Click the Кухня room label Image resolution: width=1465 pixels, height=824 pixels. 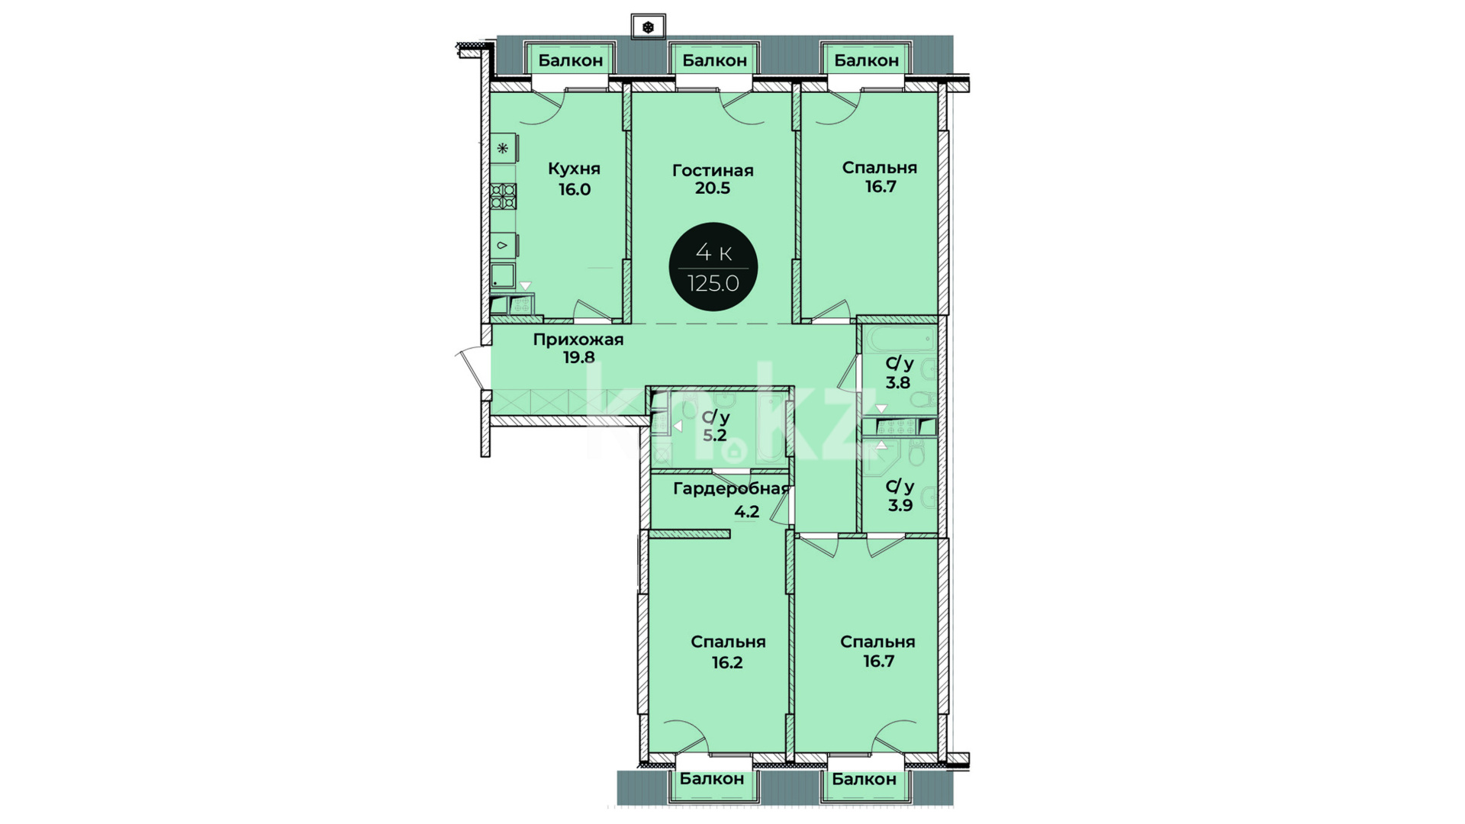click(x=574, y=169)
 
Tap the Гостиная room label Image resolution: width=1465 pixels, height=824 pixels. click(x=713, y=170)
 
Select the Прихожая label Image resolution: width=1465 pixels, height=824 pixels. click(x=578, y=340)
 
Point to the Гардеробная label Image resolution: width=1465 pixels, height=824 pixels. click(x=730, y=489)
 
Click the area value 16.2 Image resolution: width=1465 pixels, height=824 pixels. click(x=727, y=662)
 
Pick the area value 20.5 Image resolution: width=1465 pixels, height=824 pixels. click(x=713, y=188)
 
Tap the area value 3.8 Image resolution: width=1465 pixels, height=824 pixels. click(x=898, y=383)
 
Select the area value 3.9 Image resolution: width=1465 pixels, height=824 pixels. click(x=900, y=505)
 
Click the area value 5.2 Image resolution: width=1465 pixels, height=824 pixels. click(x=715, y=436)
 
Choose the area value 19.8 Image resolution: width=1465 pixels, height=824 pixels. click(x=579, y=357)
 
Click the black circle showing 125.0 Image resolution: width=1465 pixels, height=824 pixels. click(x=713, y=267)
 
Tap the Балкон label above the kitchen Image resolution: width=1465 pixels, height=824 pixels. click(x=571, y=60)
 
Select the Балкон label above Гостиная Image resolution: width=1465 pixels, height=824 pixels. click(x=714, y=60)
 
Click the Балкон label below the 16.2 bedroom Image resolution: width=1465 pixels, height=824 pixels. click(x=712, y=779)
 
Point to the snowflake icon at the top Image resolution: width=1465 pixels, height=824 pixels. click(x=648, y=27)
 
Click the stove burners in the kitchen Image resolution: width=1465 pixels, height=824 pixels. click(x=504, y=196)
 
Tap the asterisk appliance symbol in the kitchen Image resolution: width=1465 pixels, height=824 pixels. click(x=503, y=148)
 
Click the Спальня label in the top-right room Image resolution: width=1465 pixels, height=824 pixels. click(x=880, y=168)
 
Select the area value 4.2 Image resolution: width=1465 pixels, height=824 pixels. click(x=747, y=511)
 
